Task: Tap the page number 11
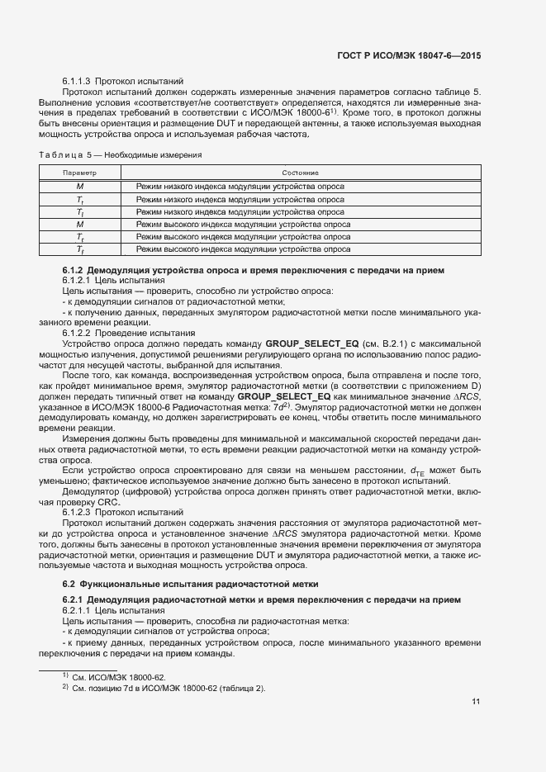(476, 702)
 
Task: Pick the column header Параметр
(80, 173)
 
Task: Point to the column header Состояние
(300, 173)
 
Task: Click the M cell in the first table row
(80, 187)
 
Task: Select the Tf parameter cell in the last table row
(80, 249)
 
